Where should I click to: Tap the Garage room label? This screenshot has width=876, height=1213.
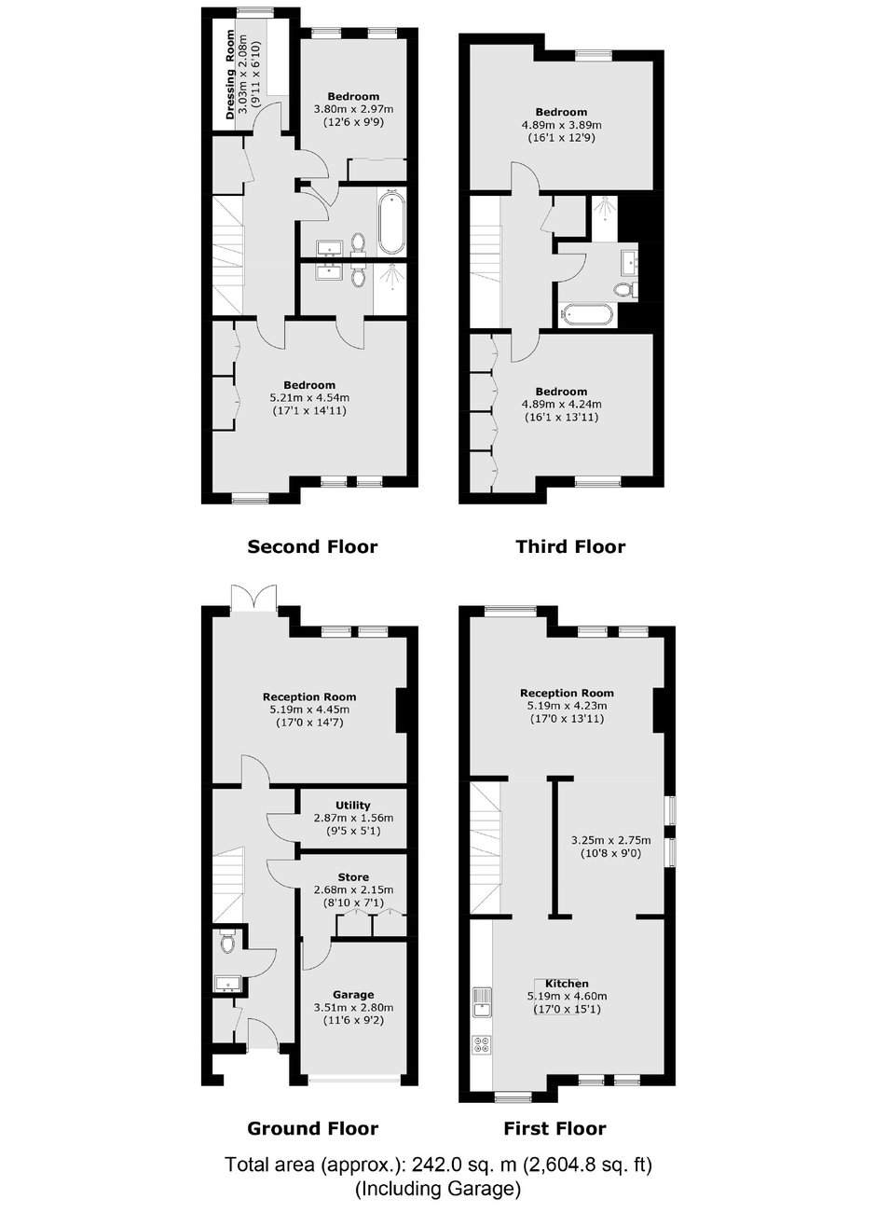pos(353,995)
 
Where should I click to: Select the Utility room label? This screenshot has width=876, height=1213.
pos(353,806)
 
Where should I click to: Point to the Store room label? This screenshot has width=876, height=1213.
pos(353,876)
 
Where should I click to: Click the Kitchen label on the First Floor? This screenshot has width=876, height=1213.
pos(567,984)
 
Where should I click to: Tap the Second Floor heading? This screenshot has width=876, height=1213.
pos(312,547)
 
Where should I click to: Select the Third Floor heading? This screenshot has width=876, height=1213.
pos(570,547)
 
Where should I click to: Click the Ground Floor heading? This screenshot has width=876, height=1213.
pos(313,1128)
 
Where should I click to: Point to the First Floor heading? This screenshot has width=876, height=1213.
pos(554,1128)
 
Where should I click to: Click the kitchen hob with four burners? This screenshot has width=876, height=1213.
pos(481,1044)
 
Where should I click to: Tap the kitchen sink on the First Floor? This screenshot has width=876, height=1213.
pos(481,1002)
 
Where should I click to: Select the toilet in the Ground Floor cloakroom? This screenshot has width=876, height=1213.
pos(227,941)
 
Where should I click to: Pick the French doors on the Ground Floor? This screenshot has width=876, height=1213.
pos(253,598)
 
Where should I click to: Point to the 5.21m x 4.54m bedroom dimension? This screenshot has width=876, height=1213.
pos(309,398)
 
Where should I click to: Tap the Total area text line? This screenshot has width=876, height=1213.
pos(438,1165)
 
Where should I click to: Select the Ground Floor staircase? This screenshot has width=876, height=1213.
pos(228,886)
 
